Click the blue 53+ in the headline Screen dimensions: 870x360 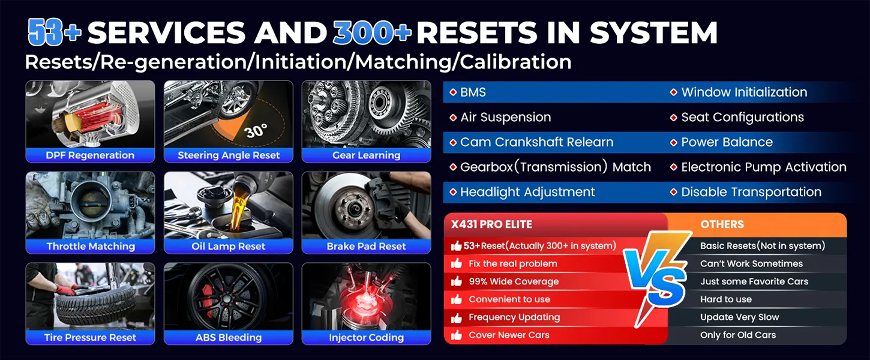pyautogui.click(x=55, y=32)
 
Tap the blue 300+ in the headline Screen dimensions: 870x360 pyautogui.click(x=372, y=32)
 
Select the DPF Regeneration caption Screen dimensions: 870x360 pyautogui.click(x=90, y=155)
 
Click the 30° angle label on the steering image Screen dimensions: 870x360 pyautogui.click(x=256, y=131)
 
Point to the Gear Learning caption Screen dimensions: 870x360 pyautogui.click(x=366, y=155)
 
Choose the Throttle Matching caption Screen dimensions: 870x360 pyautogui.click(x=91, y=246)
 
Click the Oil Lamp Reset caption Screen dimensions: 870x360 pyautogui.click(x=229, y=246)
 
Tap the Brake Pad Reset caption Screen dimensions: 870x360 pyautogui.click(x=366, y=246)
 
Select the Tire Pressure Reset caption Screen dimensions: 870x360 pyautogui.click(x=90, y=337)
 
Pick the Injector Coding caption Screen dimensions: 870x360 pyautogui.click(x=366, y=337)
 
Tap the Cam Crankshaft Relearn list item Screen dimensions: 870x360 pyautogui.click(x=532, y=142)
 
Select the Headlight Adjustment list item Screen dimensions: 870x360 pyautogui.click(x=522, y=192)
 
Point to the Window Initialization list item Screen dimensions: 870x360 pyautogui.click(x=739, y=92)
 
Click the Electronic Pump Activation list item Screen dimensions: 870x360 pyautogui.click(x=758, y=167)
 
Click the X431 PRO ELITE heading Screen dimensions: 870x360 pyautogui.click(x=491, y=224)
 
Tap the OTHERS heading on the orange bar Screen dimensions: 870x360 pyautogui.click(x=722, y=224)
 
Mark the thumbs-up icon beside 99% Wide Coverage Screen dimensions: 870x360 pyautogui.click(x=457, y=281)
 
